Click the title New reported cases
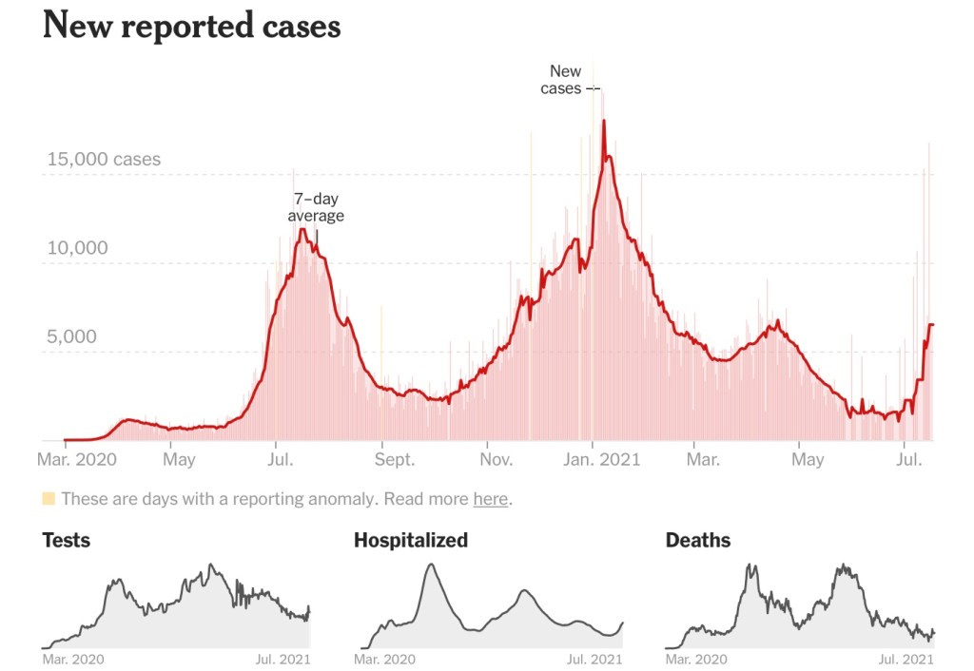coord(191,27)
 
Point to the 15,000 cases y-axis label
coord(104,159)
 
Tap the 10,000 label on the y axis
coord(78,248)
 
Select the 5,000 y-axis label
coord(73,336)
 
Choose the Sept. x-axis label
coord(394,460)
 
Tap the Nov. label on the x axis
coord(497,460)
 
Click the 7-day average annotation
coord(316,207)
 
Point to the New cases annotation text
coord(565,80)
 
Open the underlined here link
coord(490,499)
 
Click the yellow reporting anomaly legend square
coord(49,499)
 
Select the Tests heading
coord(67,541)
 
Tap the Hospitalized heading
coord(411,541)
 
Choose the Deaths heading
coord(698,541)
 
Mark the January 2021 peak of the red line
coord(603,121)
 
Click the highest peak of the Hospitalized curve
coord(431,565)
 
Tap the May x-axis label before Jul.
coord(179,460)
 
